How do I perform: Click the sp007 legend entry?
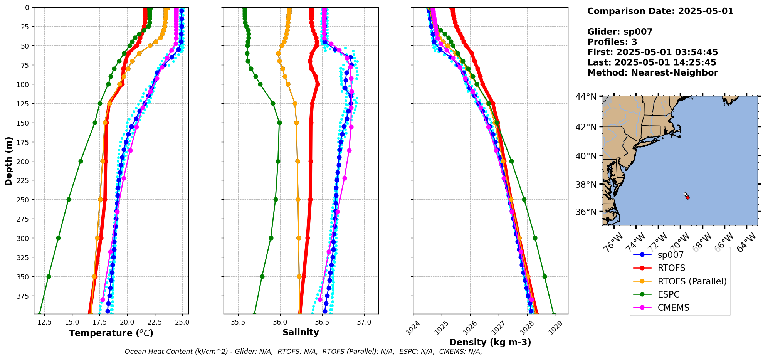[x=671, y=255]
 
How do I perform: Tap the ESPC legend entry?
[x=669, y=294]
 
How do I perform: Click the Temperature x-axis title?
[x=111, y=333]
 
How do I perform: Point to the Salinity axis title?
[x=301, y=332]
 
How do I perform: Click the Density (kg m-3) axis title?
[x=490, y=342]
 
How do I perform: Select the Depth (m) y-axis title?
[x=8, y=161]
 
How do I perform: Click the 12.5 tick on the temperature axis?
[x=45, y=322]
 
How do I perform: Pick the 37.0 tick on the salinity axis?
[x=364, y=322]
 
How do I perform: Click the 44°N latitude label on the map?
[x=586, y=97]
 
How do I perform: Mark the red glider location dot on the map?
[x=687, y=197]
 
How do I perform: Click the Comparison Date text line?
[x=660, y=11]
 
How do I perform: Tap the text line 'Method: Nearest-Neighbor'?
[x=652, y=73]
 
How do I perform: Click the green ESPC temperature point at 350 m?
[x=49, y=276]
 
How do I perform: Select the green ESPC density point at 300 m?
[x=535, y=238]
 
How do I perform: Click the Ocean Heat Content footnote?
[x=303, y=352]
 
